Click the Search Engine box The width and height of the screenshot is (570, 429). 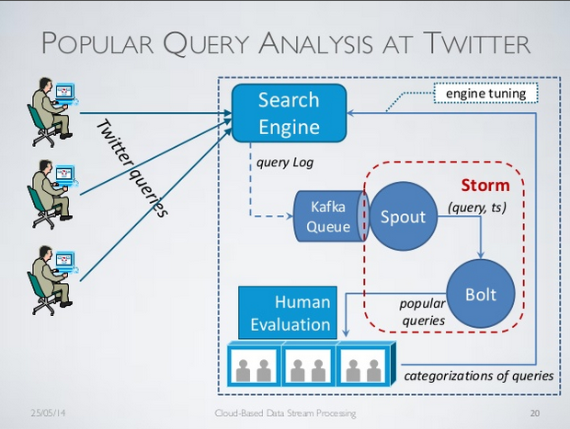[x=289, y=113]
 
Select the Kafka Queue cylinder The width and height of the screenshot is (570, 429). [x=331, y=217]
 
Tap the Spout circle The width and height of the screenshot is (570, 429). [x=403, y=217]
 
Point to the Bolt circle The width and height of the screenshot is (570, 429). [x=481, y=294]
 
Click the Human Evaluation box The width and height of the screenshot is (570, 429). [x=288, y=312]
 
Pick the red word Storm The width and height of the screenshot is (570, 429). [x=485, y=186]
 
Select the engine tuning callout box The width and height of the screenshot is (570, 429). [x=485, y=94]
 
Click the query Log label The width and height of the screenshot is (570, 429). [x=285, y=163]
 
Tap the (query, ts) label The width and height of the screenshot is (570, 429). [x=477, y=208]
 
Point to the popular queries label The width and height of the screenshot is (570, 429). [x=422, y=312]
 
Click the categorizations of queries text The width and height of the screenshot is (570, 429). [x=479, y=376]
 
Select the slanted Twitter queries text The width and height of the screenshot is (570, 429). [x=132, y=168]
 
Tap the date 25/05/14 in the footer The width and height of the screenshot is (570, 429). [x=48, y=413]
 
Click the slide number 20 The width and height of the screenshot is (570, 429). [x=535, y=413]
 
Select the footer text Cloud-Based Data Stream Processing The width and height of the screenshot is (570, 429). [x=285, y=413]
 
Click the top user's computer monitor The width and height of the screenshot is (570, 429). [x=65, y=91]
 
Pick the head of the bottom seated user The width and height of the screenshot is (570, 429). [x=45, y=253]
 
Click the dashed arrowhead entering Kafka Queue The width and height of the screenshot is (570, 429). [x=290, y=217]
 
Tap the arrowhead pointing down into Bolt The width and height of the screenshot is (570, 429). [x=481, y=255]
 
